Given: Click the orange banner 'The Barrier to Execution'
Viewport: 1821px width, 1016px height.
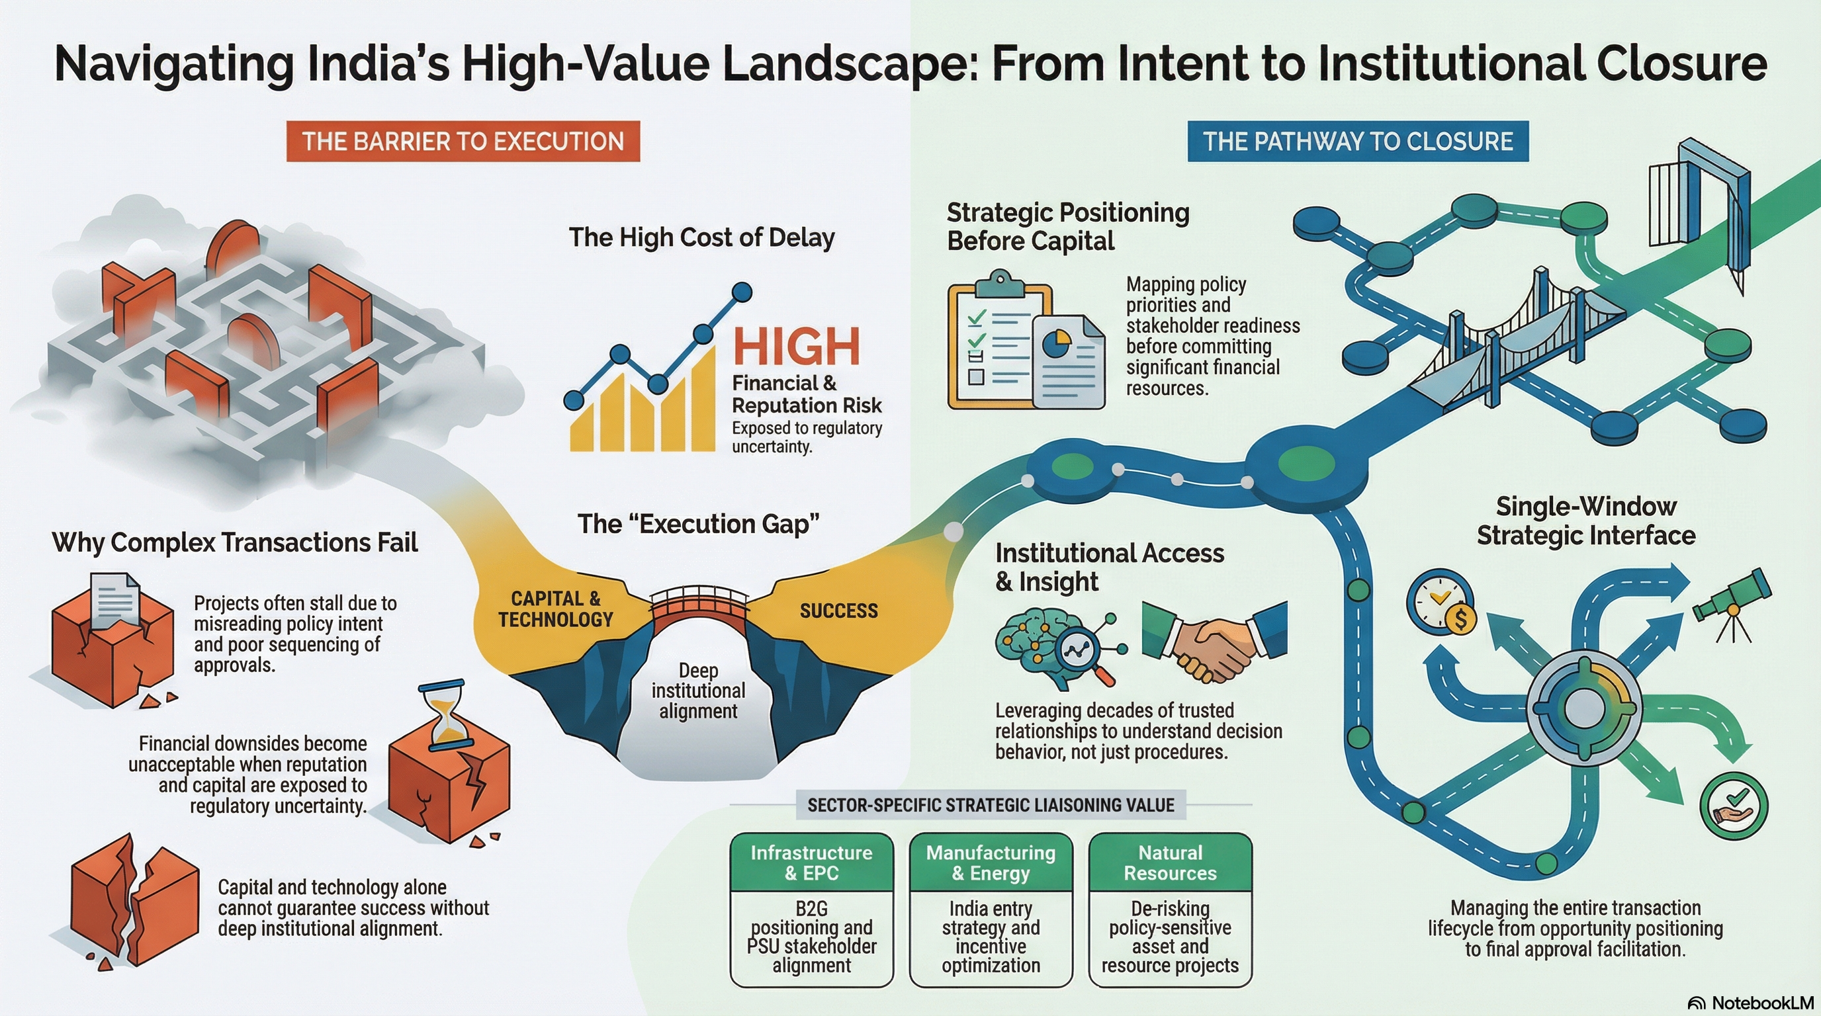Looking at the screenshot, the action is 463,142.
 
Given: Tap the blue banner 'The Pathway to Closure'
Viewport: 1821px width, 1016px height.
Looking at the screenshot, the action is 1358,142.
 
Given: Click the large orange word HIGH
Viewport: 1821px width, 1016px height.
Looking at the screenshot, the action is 797,346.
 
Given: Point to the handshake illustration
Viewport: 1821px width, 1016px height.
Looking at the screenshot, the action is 1214,640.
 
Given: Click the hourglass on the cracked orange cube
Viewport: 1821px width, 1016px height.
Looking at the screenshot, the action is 444,714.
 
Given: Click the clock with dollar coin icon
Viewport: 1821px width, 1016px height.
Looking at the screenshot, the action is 1441,603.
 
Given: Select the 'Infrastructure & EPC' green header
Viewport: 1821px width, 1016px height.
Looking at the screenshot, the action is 811,863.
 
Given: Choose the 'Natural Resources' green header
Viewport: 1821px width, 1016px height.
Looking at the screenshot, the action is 1171,863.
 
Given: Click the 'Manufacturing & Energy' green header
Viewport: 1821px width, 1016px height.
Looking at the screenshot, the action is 991,863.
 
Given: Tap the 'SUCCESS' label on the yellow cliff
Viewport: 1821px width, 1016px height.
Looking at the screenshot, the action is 839,611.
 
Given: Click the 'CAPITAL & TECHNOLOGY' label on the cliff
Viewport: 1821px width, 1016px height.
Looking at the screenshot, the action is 556,609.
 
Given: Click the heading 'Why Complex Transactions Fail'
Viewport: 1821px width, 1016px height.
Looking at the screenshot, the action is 235,542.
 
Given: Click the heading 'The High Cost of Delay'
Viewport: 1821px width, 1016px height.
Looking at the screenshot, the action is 702,237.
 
